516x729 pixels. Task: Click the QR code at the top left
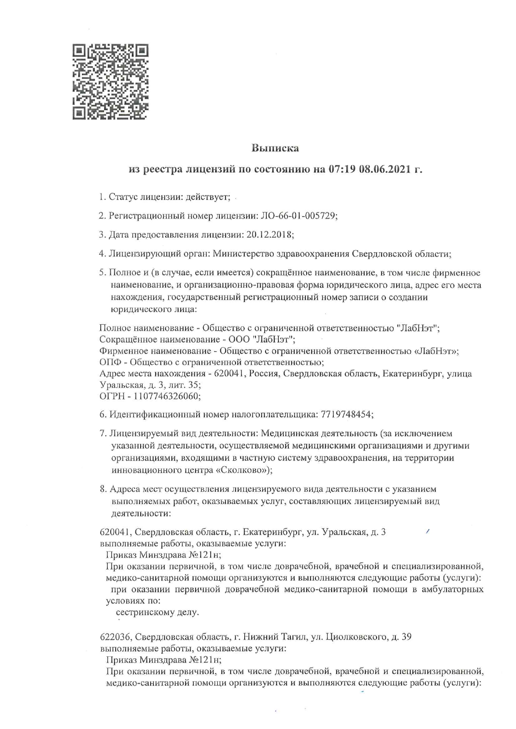click(110, 82)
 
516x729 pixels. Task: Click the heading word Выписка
click(275, 148)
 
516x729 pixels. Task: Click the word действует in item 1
click(208, 197)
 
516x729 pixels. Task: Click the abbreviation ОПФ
click(108, 362)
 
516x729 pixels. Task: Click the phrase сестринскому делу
click(157, 612)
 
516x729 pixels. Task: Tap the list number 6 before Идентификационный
click(102, 414)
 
